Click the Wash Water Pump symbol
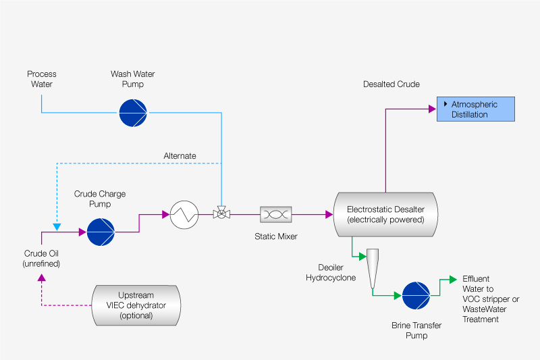132,112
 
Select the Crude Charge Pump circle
101,232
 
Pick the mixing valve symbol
221,215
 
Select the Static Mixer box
276,215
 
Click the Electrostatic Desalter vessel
385,214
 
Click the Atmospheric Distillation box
475,109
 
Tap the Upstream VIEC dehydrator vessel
136,305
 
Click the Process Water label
41,79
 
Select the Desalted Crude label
391,84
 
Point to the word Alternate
180,156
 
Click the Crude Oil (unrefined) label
42,258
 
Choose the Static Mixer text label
275,236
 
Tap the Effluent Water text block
491,299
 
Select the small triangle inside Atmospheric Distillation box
446,104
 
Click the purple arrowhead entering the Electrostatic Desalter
329,215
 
